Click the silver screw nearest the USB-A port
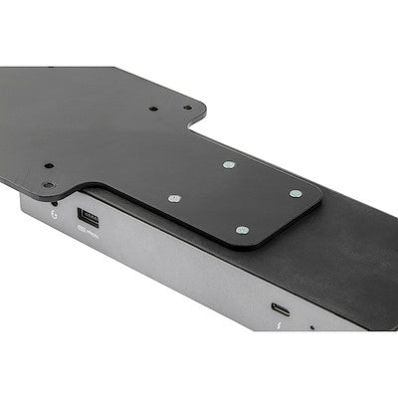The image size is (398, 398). (174, 198)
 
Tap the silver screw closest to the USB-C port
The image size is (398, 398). (243, 230)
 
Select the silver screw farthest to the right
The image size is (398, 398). (296, 193)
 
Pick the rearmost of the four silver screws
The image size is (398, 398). (229, 164)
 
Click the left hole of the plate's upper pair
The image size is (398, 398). (153, 107)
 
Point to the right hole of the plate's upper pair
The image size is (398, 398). (186, 107)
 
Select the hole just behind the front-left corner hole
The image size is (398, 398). (48, 166)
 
